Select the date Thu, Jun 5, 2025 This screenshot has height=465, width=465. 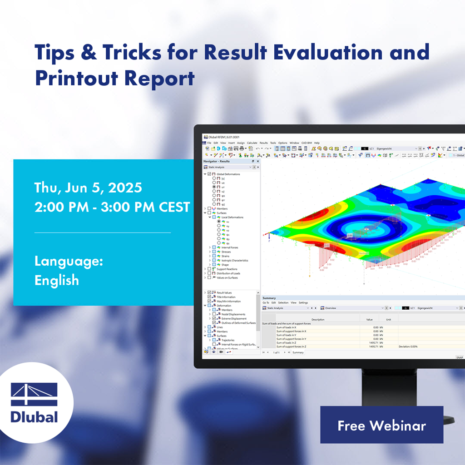[88, 188]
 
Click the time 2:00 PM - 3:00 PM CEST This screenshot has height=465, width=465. [112, 207]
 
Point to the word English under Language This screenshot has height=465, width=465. [57, 280]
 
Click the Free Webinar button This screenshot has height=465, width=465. [381, 425]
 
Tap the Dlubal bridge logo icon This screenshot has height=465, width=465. [34, 395]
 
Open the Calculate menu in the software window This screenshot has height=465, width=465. [252, 143]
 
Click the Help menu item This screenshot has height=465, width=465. [317, 143]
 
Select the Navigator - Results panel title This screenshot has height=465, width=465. [217, 161]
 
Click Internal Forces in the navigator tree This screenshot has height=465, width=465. [230, 247]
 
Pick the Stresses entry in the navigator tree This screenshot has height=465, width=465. [226, 252]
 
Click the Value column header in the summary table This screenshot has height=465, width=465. [369, 319]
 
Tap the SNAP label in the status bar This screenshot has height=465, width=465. [459, 357]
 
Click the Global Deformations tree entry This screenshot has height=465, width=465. [228, 174]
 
